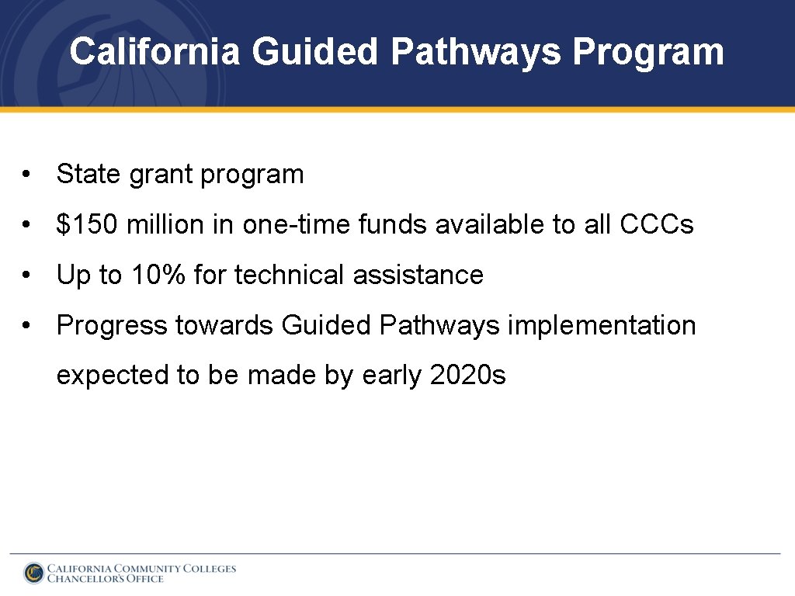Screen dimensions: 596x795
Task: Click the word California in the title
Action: (x=154, y=52)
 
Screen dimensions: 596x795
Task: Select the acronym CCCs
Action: (x=657, y=225)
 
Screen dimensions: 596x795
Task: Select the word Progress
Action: (x=112, y=326)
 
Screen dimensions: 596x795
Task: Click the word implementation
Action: (x=602, y=326)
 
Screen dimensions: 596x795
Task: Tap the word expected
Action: (x=113, y=376)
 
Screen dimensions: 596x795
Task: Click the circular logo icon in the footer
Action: (x=34, y=573)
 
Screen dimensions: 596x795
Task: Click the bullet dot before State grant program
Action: (x=27, y=175)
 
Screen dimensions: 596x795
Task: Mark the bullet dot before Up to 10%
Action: (x=27, y=275)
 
